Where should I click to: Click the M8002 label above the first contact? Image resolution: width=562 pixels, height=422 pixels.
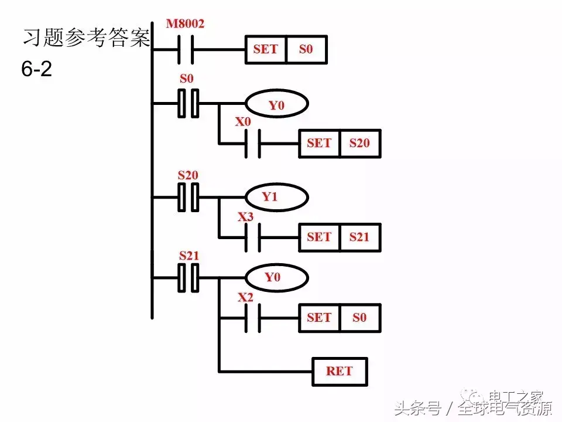[185, 24]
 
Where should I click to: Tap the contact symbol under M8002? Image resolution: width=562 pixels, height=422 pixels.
[185, 49]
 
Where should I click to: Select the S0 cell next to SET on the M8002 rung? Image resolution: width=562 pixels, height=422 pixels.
[306, 49]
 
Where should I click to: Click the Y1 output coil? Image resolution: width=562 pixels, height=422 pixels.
[276, 198]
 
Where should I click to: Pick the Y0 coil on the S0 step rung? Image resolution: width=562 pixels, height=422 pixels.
[276, 105]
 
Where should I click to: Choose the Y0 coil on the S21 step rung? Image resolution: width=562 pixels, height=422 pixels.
[276, 277]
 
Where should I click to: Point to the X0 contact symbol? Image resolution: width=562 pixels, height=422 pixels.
[252, 142]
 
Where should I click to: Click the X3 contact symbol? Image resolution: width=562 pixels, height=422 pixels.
[252, 237]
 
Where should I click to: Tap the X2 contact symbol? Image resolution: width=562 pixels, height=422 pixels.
[252, 318]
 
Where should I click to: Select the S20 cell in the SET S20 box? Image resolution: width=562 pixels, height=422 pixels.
[360, 142]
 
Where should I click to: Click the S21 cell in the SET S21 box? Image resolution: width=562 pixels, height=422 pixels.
[360, 237]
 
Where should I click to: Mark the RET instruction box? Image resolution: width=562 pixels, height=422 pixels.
[340, 371]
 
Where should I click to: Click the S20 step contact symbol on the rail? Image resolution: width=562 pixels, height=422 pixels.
[189, 197]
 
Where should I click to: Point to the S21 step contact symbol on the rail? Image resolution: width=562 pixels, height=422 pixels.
[189, 277]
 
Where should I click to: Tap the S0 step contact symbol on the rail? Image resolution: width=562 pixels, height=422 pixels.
[189, 104]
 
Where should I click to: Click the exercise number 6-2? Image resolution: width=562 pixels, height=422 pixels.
[36, 70]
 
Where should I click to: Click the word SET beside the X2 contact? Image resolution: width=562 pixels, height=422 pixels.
[319, 318]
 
